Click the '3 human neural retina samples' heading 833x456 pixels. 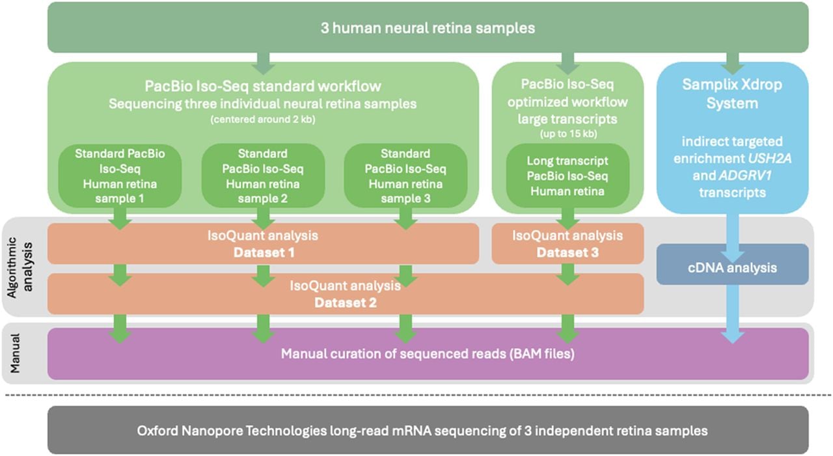[x=428, y=28]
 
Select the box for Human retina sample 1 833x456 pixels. [x=120, y=176]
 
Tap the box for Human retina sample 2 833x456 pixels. [x=263, y=176]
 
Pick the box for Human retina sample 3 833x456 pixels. [x=405, y=176]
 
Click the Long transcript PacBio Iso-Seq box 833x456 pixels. [x=567, y=176]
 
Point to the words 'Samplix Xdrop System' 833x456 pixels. [x=732, y=94]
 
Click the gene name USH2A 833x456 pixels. [x=769, y=159]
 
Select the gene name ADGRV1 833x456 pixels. [x=745, y=176]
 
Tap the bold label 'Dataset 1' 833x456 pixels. [x=264, y=252]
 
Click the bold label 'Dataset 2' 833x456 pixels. [x=346, y=303]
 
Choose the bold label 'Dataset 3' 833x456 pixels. [x=567, y=252]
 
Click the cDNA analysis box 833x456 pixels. [x=732, y=264]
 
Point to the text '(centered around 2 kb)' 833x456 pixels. [x=263, y=120]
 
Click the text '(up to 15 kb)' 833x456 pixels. [x=568, y=134]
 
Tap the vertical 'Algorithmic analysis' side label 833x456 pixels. [x=20, y=267]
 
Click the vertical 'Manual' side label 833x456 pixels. [x=15, y=353]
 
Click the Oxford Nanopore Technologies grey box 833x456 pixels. [x=428, y=430]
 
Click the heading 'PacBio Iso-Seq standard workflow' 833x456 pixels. [x=263, y=87]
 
